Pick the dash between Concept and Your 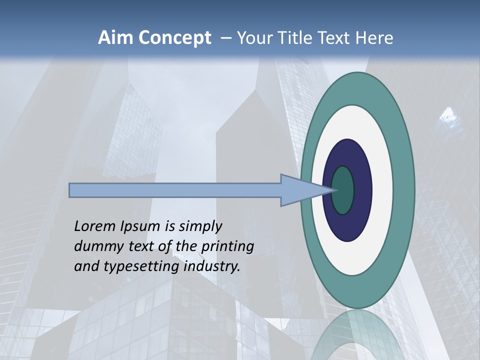[225, 38]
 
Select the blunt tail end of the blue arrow [70, 190]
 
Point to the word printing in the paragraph [228, 247]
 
